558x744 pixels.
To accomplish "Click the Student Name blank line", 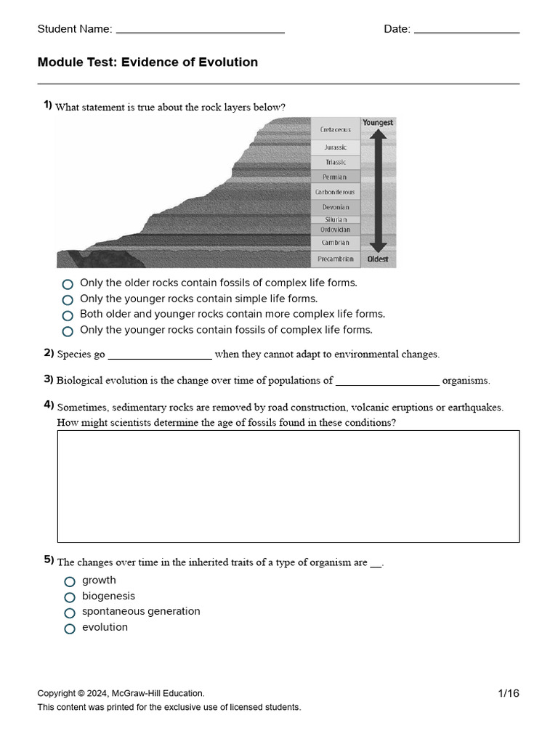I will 200,31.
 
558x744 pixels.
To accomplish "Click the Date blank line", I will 466,31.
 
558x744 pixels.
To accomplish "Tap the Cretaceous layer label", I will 335,129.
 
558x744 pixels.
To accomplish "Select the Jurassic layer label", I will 335,147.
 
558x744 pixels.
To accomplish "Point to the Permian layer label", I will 335,177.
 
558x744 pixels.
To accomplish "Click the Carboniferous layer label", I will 335,193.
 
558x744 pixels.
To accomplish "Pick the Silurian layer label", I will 335,219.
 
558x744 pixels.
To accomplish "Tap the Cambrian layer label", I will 335,243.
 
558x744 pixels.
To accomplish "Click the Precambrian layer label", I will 335,259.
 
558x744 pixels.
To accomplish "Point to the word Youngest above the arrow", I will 378,123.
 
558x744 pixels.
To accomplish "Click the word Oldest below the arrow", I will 378,259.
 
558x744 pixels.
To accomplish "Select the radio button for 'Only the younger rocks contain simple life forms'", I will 68,300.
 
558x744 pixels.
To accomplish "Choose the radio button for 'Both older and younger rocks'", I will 68,316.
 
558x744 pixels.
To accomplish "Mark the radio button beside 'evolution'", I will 70,629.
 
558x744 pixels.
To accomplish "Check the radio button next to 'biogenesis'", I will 70,597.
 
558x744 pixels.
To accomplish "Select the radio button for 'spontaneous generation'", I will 70,613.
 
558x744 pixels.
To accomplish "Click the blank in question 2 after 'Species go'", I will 160,355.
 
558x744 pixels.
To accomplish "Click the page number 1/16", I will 509,693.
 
